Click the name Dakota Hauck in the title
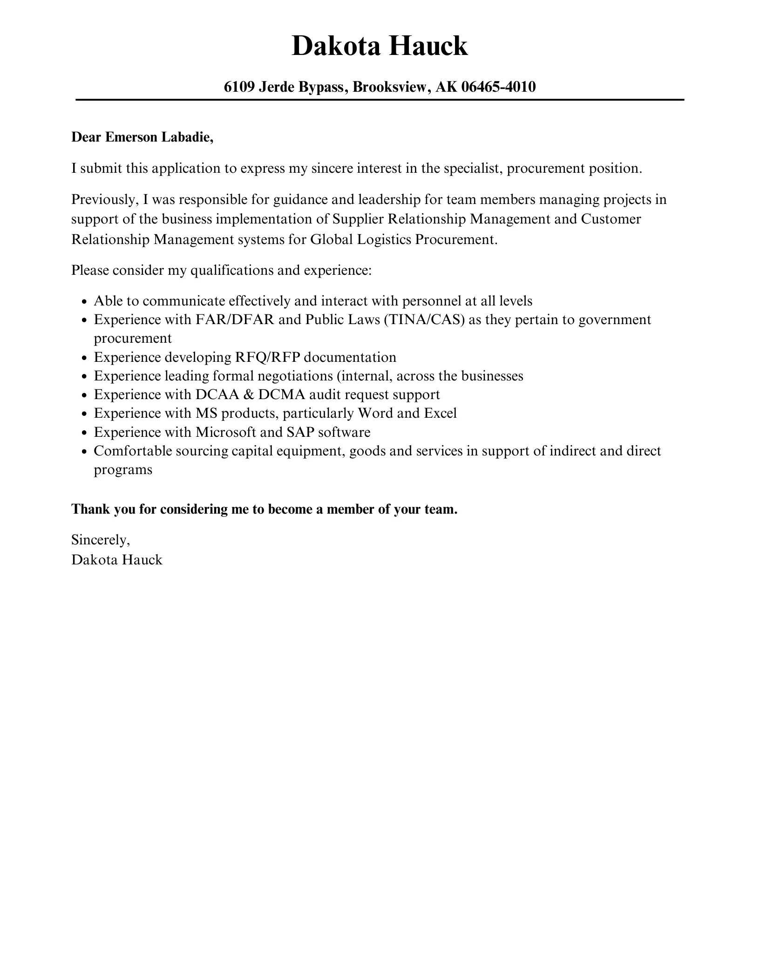click(x=380, y=46)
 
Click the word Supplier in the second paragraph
click(x=358, y=219)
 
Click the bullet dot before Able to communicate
click(x=84, y=302)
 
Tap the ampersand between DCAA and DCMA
click(x=249, y=394)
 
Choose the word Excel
click(x=440, y=413)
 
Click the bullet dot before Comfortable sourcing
click(x=84, y=452)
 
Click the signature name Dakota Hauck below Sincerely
click(x=117, y=559)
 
